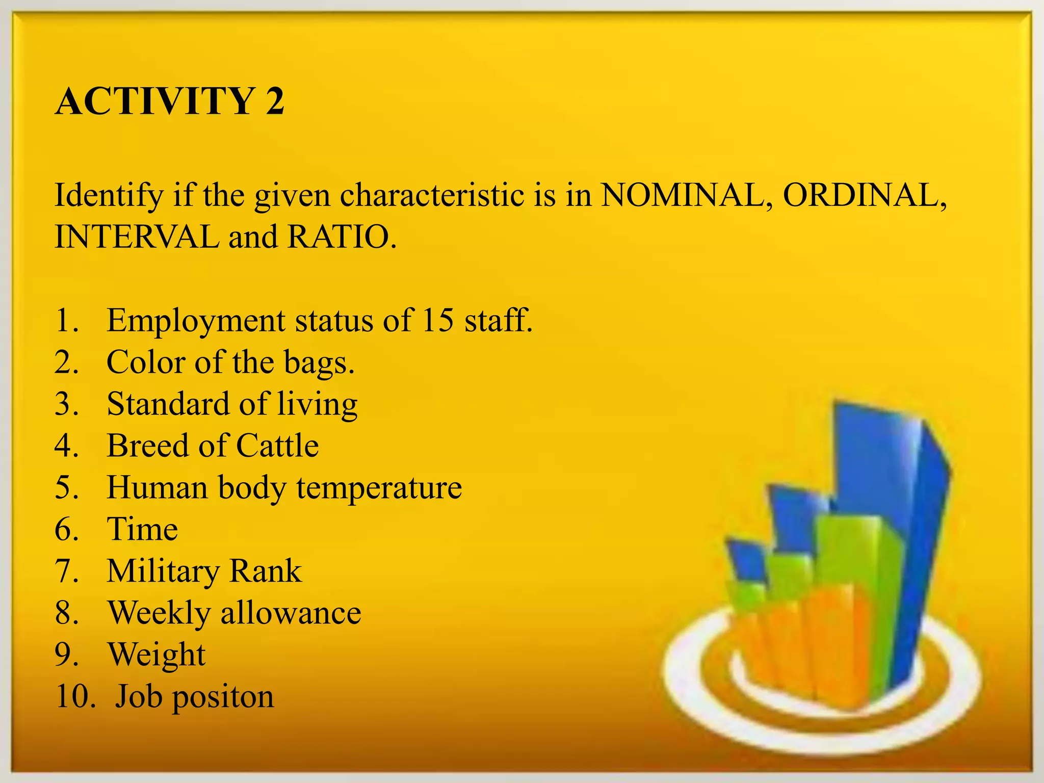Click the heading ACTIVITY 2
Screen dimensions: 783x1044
coord(169,101)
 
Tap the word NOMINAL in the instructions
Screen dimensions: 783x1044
coord(685,195)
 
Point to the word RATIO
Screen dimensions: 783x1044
coord(341,237)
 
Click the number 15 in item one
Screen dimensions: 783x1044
coord(437,321)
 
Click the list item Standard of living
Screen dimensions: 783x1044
coord(232,405)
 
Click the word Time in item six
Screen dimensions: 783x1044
coord(142,529)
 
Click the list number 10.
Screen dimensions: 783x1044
coord(75,696)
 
